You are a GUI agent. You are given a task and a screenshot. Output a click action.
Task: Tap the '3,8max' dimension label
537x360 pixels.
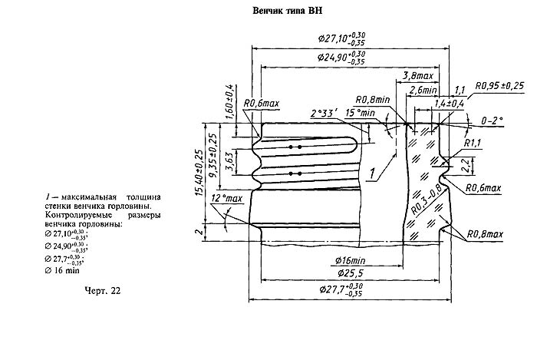pos(418,78)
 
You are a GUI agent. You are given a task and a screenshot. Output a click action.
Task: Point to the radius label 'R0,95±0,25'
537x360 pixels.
pos(500,85)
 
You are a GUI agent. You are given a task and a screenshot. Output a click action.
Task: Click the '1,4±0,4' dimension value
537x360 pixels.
pos(448,103)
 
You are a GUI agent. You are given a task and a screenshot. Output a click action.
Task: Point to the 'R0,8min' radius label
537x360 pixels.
pos(373,99)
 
